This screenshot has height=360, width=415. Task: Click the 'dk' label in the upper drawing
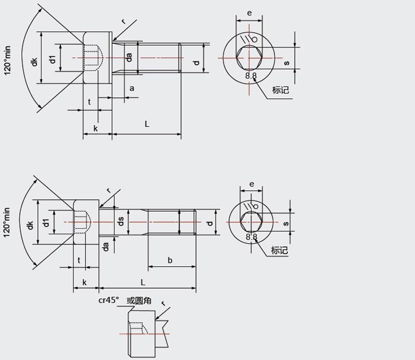34,62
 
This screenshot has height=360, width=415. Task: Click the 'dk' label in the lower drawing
30,225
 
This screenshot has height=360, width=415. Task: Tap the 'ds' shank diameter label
121,221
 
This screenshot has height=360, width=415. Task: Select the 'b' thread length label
170,260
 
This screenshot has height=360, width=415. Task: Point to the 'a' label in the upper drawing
132,88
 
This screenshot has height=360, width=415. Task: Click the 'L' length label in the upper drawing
147,123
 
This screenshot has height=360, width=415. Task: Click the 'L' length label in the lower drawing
143,282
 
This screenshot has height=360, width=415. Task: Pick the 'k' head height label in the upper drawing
95,128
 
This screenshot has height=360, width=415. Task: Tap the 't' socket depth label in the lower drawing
79,260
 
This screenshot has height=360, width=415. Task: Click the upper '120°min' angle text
7,60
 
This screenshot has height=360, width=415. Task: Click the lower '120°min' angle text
7,222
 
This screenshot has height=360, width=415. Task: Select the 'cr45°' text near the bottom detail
108,300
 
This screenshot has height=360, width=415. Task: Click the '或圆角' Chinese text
139,301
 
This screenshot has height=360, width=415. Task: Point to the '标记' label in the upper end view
280,90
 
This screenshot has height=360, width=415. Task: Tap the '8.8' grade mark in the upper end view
251,76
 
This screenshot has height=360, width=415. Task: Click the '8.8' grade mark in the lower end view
251,237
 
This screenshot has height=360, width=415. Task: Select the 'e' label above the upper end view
250,12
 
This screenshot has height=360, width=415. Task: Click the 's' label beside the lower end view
286,224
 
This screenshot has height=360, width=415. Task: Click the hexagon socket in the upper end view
250,58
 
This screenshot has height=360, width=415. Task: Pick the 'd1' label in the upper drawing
53,59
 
